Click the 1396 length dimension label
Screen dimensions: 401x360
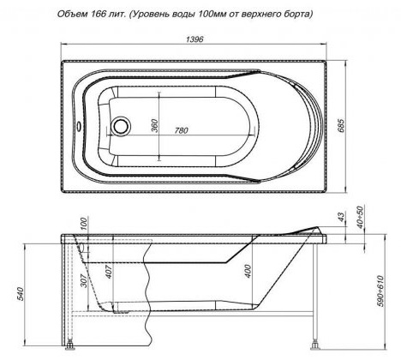tap(195, 39)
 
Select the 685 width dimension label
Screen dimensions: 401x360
tap(341, 125)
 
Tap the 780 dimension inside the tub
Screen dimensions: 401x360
tap(182, 130)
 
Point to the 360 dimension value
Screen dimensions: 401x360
tap(154, 125)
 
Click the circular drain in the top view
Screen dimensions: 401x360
tap(121, 125)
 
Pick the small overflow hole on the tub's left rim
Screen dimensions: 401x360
tap(79, 126)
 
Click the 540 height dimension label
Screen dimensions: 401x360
tap(21, 294)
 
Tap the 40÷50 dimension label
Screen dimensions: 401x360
tap(361, 218)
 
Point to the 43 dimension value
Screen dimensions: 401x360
tap(341, 216)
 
